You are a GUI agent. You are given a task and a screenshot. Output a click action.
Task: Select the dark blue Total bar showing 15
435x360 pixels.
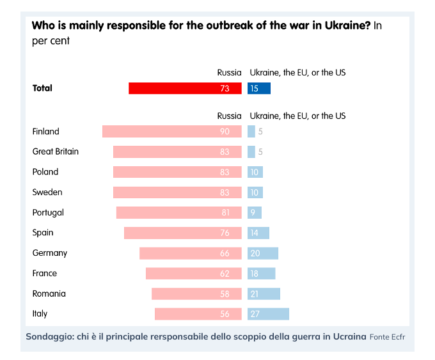coord(259,88)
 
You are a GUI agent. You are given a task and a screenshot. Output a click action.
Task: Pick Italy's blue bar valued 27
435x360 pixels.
coord(269,314)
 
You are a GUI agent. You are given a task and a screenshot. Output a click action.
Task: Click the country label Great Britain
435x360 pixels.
coord(56,152)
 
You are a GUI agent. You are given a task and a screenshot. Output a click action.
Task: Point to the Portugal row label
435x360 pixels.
coord(48,212)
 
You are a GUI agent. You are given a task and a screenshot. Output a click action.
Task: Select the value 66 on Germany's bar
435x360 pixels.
coord(225,253)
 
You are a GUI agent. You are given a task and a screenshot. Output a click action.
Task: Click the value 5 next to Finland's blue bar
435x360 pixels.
coord(261,131)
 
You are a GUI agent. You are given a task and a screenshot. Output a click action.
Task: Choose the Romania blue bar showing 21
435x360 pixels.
coord(264,293)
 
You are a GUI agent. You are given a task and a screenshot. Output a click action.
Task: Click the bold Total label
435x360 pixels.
coord(42,88)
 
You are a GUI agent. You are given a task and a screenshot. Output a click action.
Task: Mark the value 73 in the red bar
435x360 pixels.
coord(225,88)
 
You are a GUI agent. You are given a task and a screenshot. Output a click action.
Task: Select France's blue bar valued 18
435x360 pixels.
coord(262,273)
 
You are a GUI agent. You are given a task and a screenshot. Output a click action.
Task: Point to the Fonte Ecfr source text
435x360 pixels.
coord(387,336)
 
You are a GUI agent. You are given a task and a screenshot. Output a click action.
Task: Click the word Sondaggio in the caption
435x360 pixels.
coord(49,336)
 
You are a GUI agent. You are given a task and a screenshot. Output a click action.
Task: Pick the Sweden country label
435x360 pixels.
coord(47,192)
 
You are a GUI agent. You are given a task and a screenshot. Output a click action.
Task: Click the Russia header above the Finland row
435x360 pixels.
coord(229,116)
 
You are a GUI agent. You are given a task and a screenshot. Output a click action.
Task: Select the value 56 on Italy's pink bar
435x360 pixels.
coord(225,314)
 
